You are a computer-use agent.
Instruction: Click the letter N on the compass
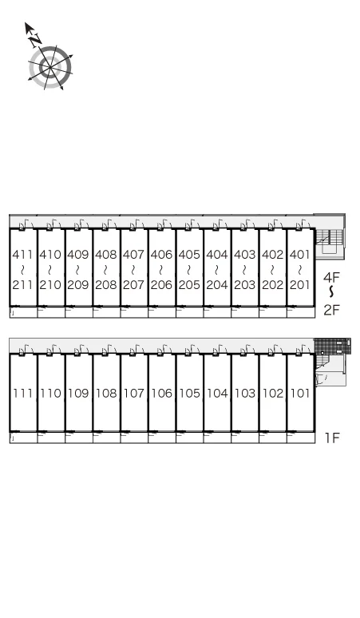click(x=35, y=39)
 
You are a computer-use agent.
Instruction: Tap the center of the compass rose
click(x=50, y=68)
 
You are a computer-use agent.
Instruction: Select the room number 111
click(x=23, y=393)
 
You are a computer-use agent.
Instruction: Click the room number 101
click(x=300, y=393)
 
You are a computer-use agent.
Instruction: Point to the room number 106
click(x=161, y=393)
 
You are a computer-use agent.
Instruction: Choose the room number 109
click(x=78, y=393)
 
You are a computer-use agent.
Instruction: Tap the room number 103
click(x=245, y=393)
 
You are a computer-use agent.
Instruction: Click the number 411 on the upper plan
click(x=23, y=255)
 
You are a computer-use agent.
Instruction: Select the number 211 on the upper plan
click(x=23, y=284)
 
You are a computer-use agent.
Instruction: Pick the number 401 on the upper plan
click(x=300, y=255)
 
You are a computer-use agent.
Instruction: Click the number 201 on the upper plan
click(x=300, y=284)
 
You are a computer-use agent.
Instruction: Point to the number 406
click(x=161, y=255)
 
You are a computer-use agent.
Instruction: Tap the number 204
click(x=217, y=284)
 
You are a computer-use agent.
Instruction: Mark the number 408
click(x=106, y=255)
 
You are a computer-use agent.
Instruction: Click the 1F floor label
click(x=331, y=438)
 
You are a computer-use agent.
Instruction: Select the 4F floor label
click(x=331, y=278)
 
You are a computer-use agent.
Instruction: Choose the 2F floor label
click(x=331, y=310)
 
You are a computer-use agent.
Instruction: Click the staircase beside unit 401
click(x=330, y=241)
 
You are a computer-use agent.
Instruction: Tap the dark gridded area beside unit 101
click(x=332, y=347)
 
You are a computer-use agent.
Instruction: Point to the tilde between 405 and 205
click(x=189, y=270)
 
